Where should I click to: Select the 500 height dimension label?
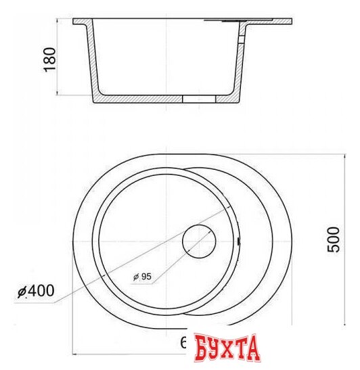pyautogui.click(x=333, y=239)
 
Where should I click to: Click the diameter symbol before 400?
pyautogui.click(x=22, y=292)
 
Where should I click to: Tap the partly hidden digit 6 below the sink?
pyautogui.click(x=184, y=344)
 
